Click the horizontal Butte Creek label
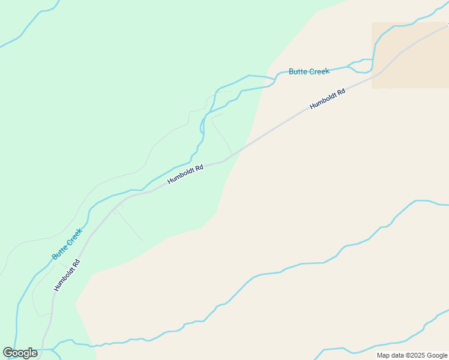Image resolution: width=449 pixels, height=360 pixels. [x=309, y=71]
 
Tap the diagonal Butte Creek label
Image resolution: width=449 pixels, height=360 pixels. [x=67, y=244]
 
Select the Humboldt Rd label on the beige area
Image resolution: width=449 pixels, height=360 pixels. [x=328, y=99]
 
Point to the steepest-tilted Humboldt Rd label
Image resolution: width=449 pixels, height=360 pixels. [x=67, y=275]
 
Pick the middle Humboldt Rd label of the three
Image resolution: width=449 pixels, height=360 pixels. [x=185, y=174]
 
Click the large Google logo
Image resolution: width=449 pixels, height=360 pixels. [x=20, y=353]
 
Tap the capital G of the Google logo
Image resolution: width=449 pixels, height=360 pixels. [x=8, y=353]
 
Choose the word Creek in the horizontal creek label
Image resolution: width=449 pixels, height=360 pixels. [x=319, y=71]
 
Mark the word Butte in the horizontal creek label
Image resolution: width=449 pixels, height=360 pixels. [x=298, y=71]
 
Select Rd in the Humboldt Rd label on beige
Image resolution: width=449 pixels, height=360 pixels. [x=340, y=92]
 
